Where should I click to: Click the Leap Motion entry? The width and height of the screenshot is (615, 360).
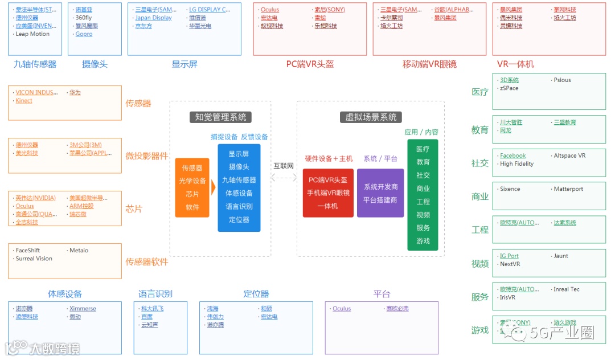coord(32,34)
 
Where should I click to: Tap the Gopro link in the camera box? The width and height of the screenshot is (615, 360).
coord(84,34)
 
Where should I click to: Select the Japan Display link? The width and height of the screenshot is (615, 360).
coord(153,18)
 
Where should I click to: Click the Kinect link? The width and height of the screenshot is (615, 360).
coord(24,101)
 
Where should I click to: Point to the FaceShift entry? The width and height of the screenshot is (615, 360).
coord(28,250)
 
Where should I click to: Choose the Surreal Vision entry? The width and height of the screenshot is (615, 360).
coord(34,259)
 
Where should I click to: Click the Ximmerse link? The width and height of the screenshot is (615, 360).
coord(83,309)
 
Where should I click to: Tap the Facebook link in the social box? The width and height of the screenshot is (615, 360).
coord(512,156)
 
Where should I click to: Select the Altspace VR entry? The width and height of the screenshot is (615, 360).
coord(569,156)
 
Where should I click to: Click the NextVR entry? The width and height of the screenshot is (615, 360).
coord(510,264)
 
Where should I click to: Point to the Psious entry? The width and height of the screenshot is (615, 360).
coord(562,80)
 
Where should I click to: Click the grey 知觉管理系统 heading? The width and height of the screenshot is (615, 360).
coord(220,117)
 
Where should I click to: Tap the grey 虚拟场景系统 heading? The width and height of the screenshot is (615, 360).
coord(371,117)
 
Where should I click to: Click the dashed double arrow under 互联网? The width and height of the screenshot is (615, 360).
coord(284,178)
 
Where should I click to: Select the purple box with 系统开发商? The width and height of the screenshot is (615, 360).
coord(380,193)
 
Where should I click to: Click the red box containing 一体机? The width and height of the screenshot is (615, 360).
coord(328,193)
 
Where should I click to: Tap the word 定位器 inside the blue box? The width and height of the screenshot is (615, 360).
coord(239,219)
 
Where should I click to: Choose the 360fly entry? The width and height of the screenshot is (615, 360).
coord(84,18)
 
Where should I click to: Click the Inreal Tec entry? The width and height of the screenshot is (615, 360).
coord(567,289)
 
